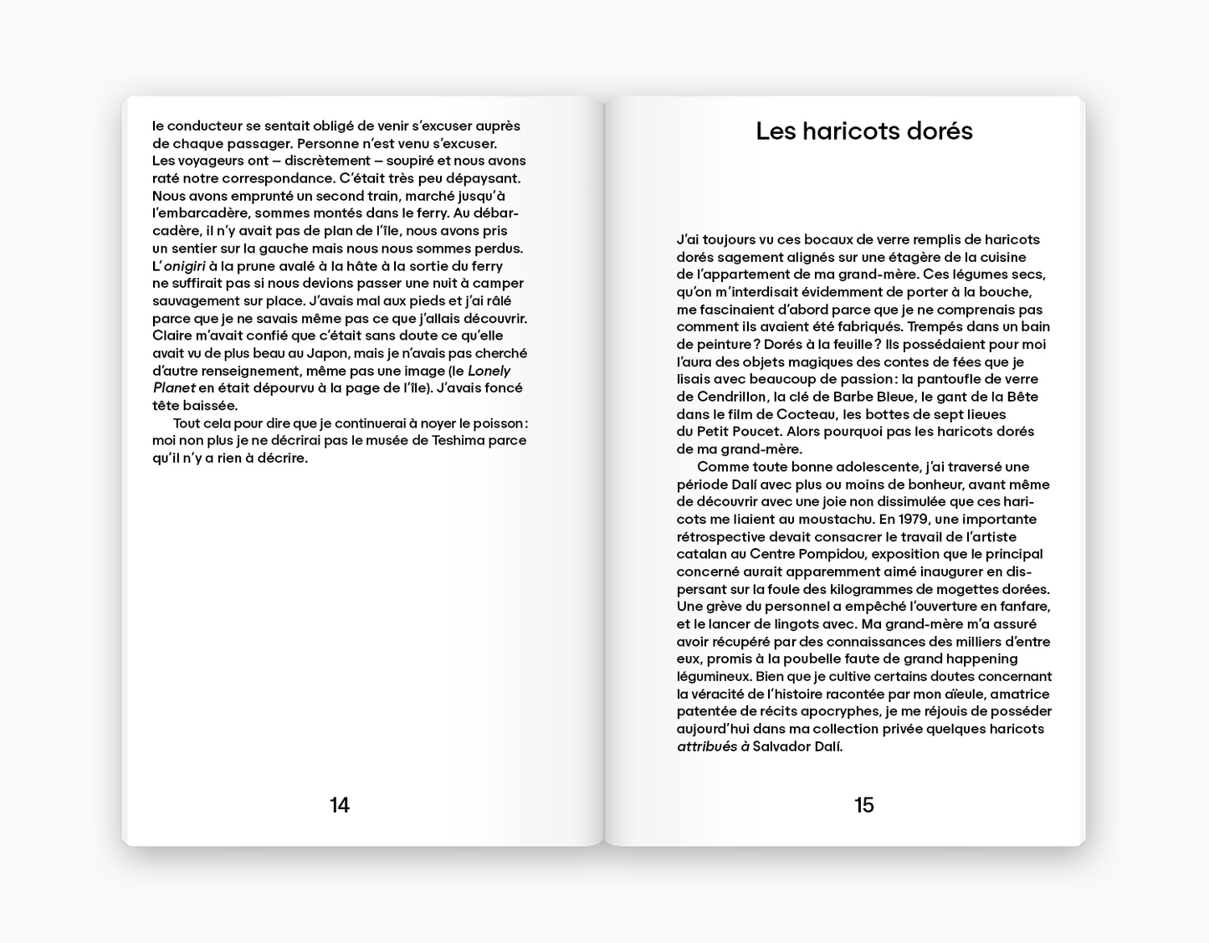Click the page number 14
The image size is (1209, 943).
click(339, 805)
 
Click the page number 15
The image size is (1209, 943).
click(863, 805)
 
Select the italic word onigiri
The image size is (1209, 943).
click(184, 266)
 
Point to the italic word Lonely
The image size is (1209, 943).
click(489, 371)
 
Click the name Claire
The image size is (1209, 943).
click(173, 336)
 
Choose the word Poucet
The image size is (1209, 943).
click(760, 432)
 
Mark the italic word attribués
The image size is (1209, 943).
click(707, 746)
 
